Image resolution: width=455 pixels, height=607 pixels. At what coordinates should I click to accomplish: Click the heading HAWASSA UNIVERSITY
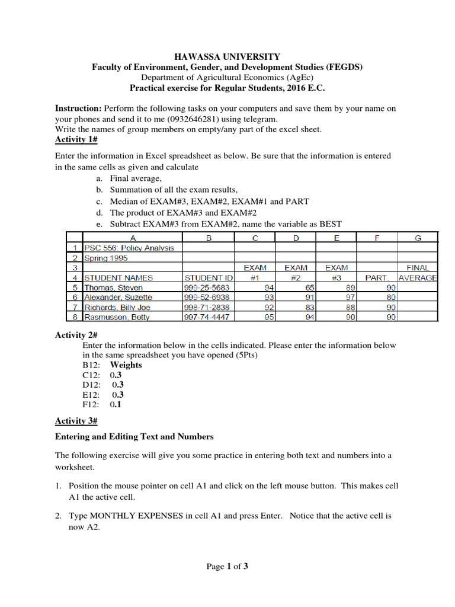pos(227,57)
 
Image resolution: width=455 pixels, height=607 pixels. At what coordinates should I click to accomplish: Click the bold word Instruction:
pos(78,108)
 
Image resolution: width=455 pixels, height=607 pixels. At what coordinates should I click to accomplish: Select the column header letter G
pos(418,238)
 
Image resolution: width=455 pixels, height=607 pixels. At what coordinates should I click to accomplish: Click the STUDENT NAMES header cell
pos(118,277)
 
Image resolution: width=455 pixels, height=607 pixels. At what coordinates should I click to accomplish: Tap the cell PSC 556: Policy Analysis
pos(129,248)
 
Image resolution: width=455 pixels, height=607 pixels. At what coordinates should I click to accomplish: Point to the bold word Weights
pos(126,365)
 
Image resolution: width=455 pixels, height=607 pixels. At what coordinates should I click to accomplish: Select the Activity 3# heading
pos(76,421)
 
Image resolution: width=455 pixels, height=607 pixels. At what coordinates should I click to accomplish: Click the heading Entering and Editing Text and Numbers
pos(134,437)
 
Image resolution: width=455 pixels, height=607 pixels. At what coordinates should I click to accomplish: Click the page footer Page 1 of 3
pos(227,567)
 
